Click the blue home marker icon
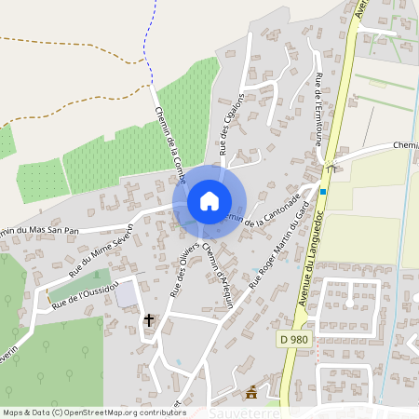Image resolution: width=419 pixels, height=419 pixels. [209, 201]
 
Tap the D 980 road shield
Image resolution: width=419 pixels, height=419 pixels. [293, 342]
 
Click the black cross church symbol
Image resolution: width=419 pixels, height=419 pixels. [148, 319]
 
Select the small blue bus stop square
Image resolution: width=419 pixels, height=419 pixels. [322, 192]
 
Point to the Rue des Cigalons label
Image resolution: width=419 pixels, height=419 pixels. [231, 123]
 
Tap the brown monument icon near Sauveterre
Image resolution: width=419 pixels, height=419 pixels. [250, 392]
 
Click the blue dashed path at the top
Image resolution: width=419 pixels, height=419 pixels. [146, 42]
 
